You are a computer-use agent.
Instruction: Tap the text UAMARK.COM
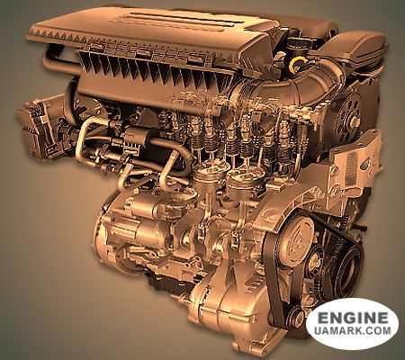[x=353, y=330]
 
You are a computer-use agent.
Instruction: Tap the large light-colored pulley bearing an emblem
[x=295, y=239]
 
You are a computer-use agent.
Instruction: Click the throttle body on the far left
[x=40, y=128]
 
